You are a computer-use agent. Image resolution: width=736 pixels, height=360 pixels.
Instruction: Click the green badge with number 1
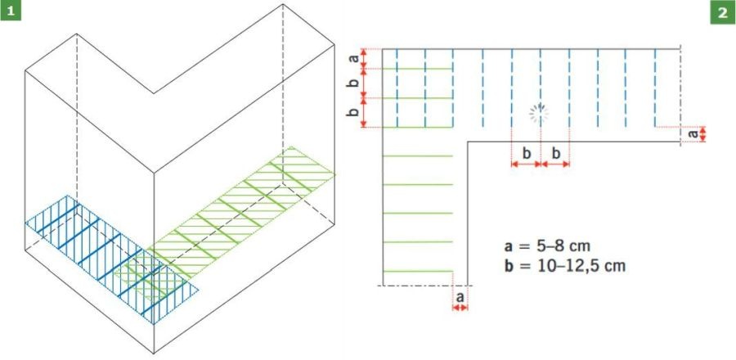coord(11,11)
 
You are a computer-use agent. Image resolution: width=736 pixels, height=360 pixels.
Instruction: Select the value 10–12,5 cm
coord(582,266)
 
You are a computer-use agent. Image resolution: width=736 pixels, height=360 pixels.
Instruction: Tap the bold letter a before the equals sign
coord(509,246)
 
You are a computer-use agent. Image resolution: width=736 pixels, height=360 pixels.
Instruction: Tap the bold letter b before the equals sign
coord(509,266)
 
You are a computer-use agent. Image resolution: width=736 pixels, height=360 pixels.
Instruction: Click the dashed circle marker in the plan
coord(540,113)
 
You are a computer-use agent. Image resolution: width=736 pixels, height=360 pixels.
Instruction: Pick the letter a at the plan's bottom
coord(460,297)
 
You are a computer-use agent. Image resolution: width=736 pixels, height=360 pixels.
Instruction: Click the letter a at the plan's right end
coord(693,133)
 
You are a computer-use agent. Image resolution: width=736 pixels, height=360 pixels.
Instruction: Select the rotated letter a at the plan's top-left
coord(355,58)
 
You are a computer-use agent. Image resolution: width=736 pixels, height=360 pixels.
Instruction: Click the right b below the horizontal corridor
coord(555,153)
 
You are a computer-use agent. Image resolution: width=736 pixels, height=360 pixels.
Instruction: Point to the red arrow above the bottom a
coord(460,308)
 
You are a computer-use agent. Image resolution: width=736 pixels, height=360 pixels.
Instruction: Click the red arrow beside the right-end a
coord(702,134)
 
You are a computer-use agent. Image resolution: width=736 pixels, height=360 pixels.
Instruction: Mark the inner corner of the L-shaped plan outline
coord(467,142)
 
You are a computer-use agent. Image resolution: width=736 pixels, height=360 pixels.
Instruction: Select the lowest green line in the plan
coord(418,272)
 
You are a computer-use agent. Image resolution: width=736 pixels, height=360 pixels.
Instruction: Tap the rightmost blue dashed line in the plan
coord(655,88)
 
